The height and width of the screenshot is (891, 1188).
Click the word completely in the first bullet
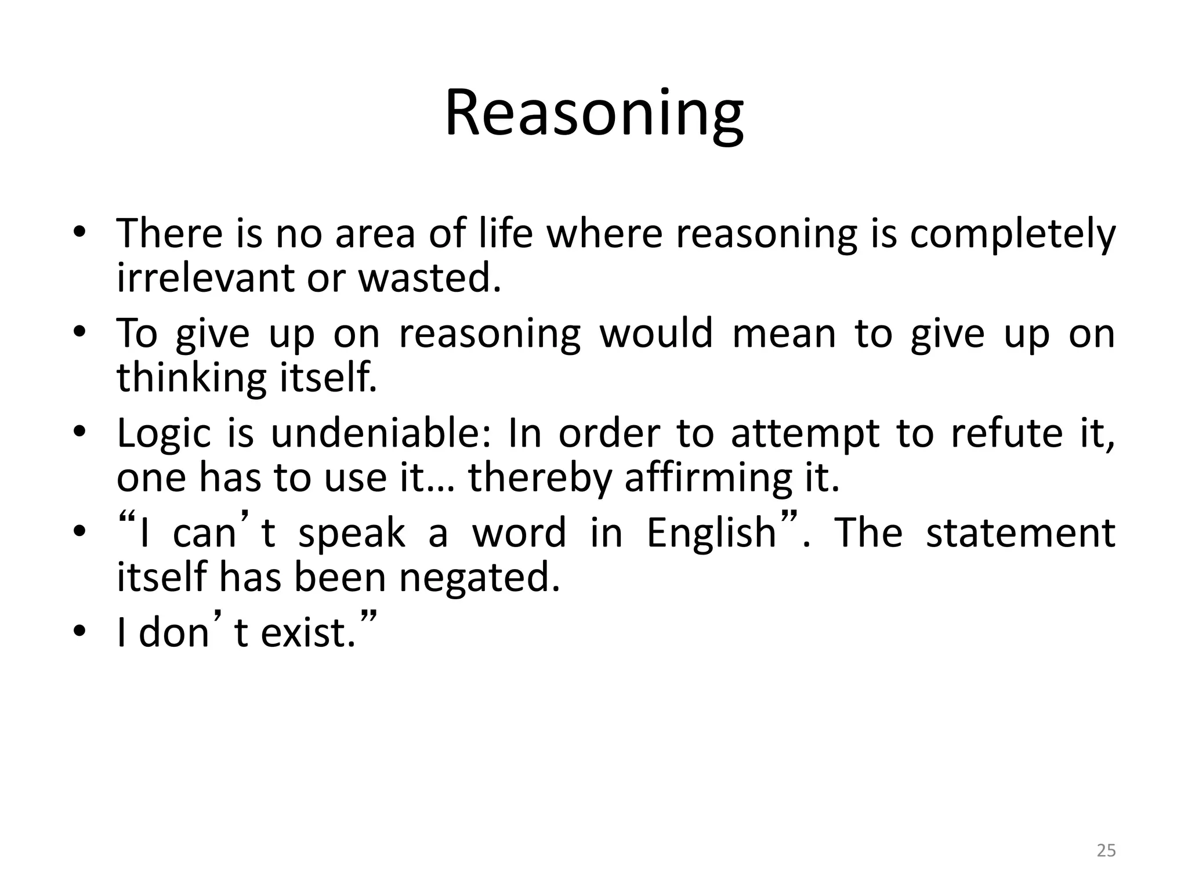pos(1012,234)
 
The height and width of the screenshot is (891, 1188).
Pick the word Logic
pos(164,434)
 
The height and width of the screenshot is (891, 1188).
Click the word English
pos(711,533)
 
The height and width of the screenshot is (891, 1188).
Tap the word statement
pos(1020,533)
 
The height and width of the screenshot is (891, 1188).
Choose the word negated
pos(480,578)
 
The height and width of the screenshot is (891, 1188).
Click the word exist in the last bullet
pos(307,632)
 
